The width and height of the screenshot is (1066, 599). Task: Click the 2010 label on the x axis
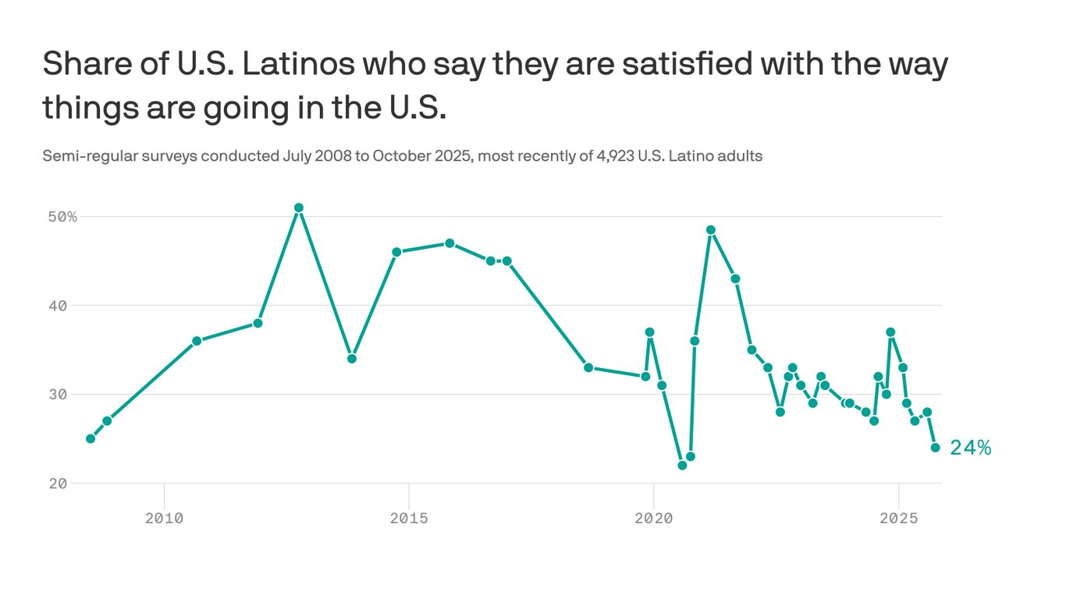164,517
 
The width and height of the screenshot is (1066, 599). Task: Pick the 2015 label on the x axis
408,517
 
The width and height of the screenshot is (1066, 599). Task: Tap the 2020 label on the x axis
653,517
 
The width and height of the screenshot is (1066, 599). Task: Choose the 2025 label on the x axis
898,517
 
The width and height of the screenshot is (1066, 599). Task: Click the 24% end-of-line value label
970,448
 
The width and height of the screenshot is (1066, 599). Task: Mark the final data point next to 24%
935,448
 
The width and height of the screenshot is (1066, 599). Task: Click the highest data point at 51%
298,208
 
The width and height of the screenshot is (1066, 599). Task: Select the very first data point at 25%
91,438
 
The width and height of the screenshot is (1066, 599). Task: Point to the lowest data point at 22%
682,466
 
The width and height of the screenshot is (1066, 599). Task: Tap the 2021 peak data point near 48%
711,230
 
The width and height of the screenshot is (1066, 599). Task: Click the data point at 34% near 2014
352,359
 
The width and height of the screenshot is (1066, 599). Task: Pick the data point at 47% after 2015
449,243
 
